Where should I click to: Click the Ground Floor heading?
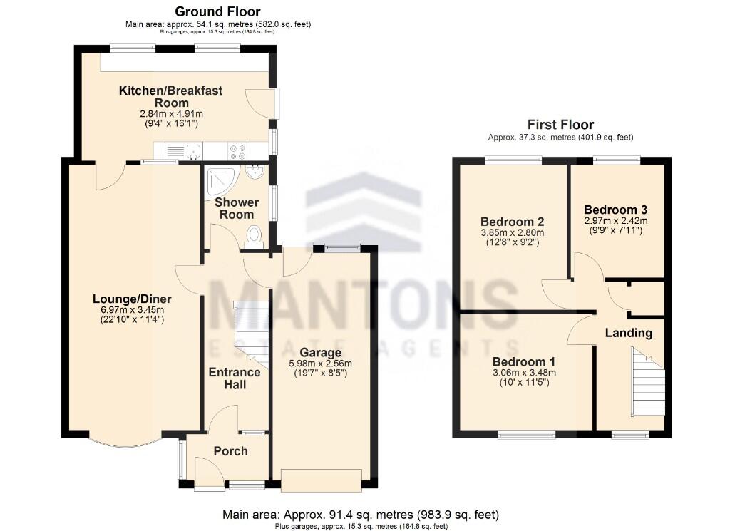point(217,11)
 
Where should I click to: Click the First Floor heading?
point(560,125)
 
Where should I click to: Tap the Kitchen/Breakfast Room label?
point(171,97)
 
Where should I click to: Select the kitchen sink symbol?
point(192,151)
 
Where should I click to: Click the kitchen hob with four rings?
point(237,151)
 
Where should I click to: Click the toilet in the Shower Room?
point(253,236)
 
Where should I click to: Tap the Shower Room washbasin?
point(255,171)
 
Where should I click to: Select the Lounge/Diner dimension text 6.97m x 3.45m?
point(131,310)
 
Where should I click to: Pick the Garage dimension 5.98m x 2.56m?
point(320,364)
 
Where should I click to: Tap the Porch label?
point(231,451)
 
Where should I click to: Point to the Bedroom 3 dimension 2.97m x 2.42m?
point(615,222)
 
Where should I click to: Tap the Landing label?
point(628,333)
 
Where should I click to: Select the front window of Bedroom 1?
point(525,433)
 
